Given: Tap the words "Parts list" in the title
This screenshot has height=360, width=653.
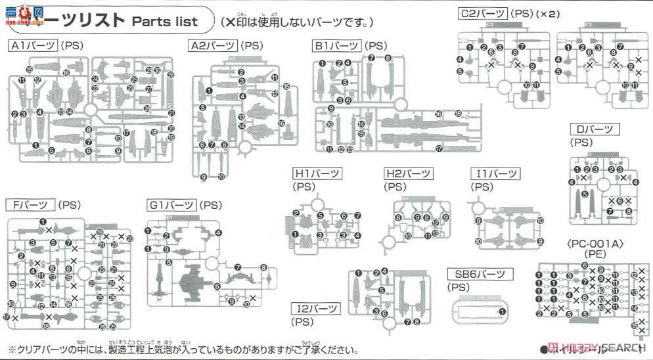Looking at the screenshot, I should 165,21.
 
